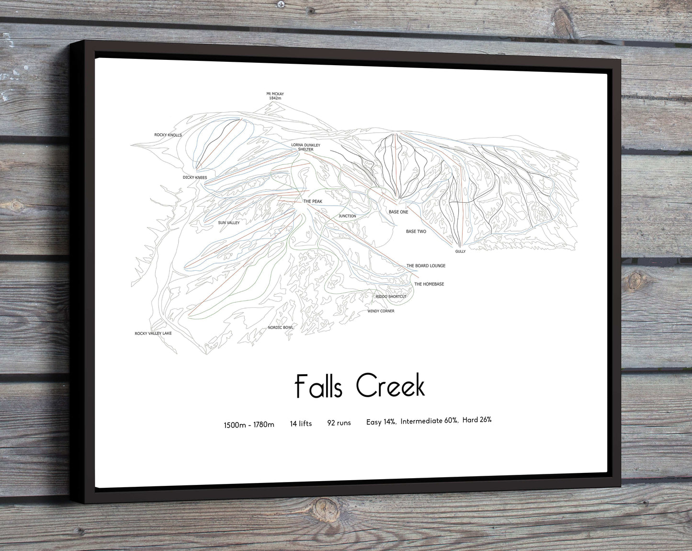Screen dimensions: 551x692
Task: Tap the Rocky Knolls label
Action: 168,135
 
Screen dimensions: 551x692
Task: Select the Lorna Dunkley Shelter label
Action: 306,147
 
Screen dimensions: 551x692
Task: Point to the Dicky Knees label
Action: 195,178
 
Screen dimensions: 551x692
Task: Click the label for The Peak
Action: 313,202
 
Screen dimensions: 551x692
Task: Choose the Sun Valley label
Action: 229,223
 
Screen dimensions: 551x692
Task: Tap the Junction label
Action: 347,216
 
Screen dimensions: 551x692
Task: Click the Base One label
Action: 398,212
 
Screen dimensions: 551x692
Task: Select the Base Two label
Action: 416,231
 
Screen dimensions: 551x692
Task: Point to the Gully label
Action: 460,252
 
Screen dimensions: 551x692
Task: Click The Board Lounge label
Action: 426,265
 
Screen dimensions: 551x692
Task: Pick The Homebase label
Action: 429,284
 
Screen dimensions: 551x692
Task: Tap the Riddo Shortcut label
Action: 391,297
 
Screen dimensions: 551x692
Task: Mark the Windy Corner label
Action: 381,311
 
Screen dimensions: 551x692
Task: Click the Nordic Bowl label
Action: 281,328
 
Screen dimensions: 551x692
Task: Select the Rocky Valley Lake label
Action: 153,333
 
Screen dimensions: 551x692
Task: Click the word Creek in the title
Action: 391,386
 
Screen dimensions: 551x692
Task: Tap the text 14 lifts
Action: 301,424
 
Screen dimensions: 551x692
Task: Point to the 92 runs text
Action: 339,423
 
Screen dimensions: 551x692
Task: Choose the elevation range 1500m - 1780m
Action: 249,425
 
